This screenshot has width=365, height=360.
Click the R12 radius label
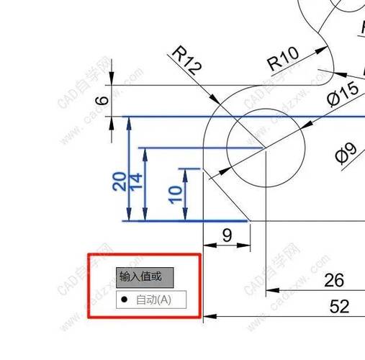pos(187,60)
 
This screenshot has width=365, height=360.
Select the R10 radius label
pos(283,59)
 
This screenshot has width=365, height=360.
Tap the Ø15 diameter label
pos(343,94)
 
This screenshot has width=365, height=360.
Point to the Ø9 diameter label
pos(346,153)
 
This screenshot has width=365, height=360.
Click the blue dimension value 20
pos(120,181)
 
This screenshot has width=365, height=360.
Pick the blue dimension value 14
pos(135,181)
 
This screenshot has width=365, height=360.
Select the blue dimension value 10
pos(175,195)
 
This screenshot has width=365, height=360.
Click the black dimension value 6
pos(102,100)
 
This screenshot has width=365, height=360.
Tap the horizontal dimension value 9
pos(227,235)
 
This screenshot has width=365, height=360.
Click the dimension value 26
pos(334,280)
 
